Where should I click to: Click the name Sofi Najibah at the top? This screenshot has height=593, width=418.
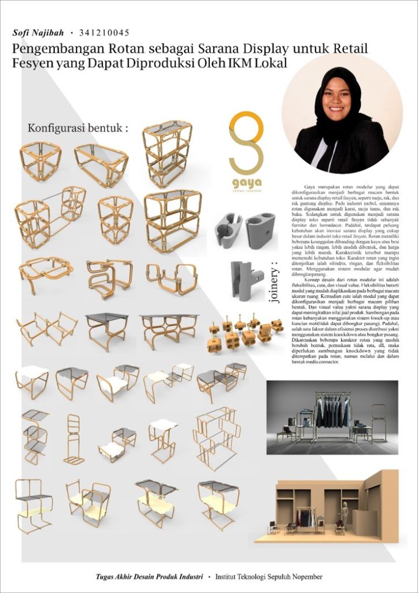[38, 33]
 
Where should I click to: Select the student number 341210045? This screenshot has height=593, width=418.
[103, 33]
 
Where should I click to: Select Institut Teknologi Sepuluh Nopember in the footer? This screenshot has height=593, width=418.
[269, 577]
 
